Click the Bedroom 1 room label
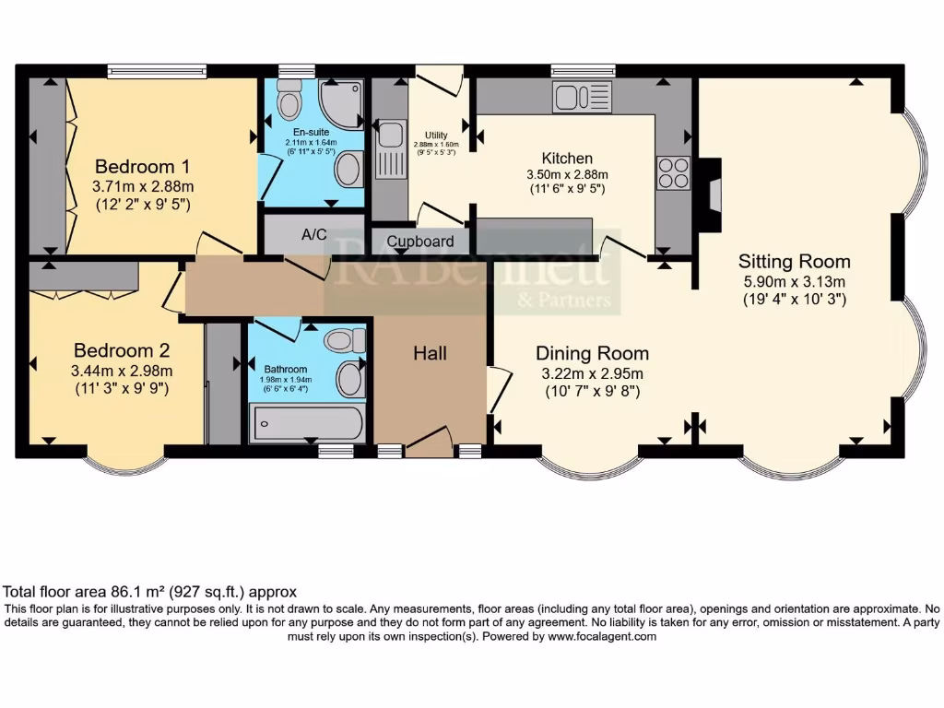click(143, 167)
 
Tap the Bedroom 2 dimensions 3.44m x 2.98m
click(124, 371)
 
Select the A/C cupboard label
click(314, 234)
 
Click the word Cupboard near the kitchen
click(420, 242)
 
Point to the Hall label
click(431, 353)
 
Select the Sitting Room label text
click(795, 262)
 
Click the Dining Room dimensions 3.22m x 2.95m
click(591, 373)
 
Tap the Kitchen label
click(567, 158)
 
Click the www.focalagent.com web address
click(602, 636)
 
